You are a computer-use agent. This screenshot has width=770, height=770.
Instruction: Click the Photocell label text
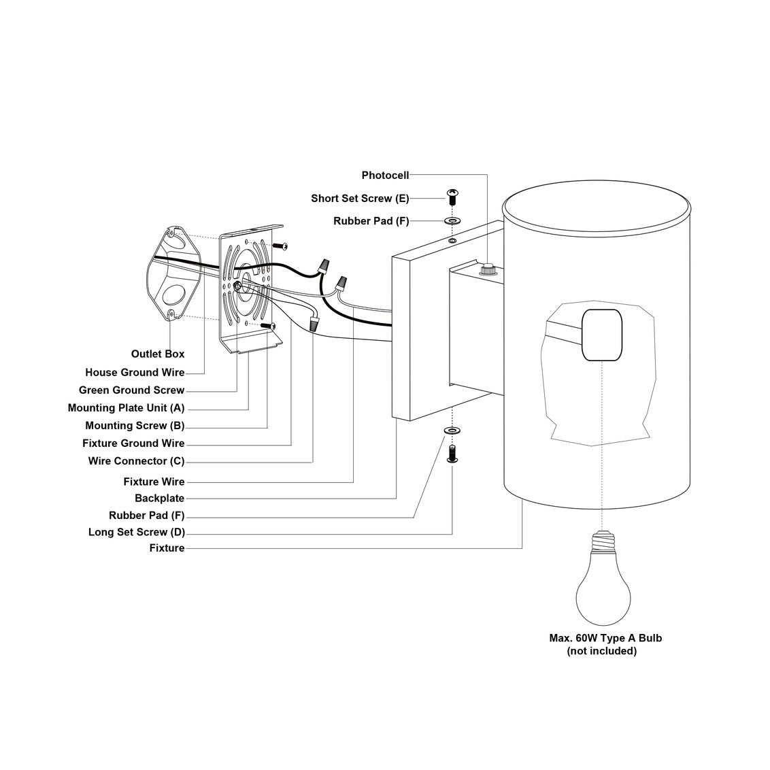pyautogui.click(x=385, y=175)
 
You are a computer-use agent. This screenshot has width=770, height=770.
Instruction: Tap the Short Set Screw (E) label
pyautogui.click(x=361, y=199)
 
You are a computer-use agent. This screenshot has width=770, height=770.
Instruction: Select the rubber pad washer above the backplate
pyautogui.click(x=452, y=221)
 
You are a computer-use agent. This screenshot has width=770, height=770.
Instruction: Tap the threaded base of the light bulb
pyautogui.click(x=602, y=542)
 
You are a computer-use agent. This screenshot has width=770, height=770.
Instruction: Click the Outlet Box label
pyautogui.click(x=158, y=354)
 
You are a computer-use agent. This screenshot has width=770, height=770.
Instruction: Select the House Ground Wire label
pyautogui.click(x=135, y=373)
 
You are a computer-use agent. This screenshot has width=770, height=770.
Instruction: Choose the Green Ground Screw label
pyautogui.click(x=131, y=390)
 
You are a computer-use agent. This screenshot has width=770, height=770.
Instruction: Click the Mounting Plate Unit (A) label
pyautogui.click(x=126, y=408)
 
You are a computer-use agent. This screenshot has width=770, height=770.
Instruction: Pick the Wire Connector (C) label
pyautogui.click(x=136, y=461)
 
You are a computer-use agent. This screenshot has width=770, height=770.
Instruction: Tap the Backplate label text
pyautogui.click(x=159, y=499)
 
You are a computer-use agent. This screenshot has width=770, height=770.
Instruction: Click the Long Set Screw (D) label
pyautogui.click(x=136, y=532)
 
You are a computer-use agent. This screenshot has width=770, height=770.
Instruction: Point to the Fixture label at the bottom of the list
pyautogui.click(x=167, y=548)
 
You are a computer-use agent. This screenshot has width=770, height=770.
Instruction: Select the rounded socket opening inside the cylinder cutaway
pyautogui.click(x=602, y=335)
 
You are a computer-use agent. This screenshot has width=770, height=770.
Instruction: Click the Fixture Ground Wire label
pyautogui.click(x=133, y=443)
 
